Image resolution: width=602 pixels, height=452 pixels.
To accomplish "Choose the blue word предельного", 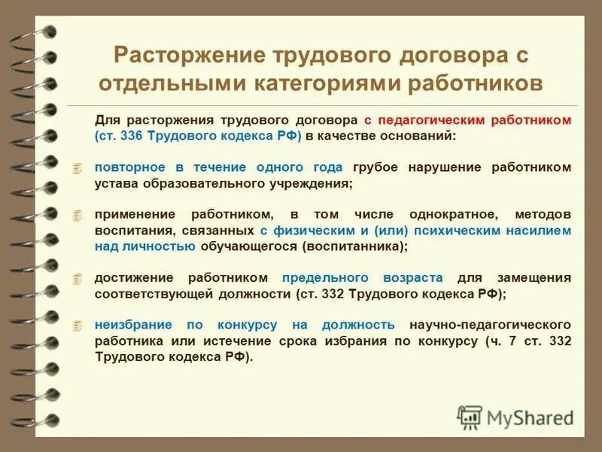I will pos(324,278).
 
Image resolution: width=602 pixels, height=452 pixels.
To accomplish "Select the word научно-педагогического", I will pos(489,325).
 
